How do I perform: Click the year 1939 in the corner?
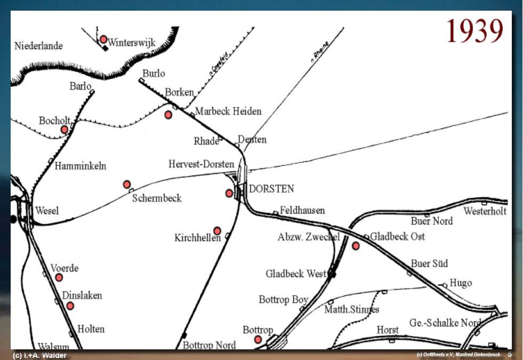[474, 31]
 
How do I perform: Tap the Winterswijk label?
[132, 42]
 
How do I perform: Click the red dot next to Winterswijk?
[103, 39]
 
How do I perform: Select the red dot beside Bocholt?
[65, 130]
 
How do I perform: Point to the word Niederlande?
[39, 46]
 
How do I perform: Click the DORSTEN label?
[271, 189]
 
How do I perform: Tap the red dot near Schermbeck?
[127, 185]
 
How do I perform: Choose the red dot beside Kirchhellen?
[217, 231]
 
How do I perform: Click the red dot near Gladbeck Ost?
[356, 246]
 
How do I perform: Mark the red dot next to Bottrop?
[258, 339]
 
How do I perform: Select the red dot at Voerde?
[59, 277]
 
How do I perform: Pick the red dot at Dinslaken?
[70, 306]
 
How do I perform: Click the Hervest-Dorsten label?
[201, 164]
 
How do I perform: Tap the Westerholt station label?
[485, 211]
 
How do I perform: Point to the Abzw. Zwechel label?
[308, 237]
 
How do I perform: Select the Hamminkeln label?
[81, 166]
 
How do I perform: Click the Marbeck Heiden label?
[228, 111]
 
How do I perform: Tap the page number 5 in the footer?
[509, 354]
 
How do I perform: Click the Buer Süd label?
[429, 263]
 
